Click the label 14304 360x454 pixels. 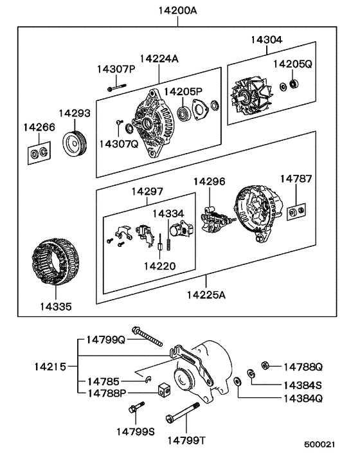tap(265, 40)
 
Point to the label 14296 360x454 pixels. tap(209, 181)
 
